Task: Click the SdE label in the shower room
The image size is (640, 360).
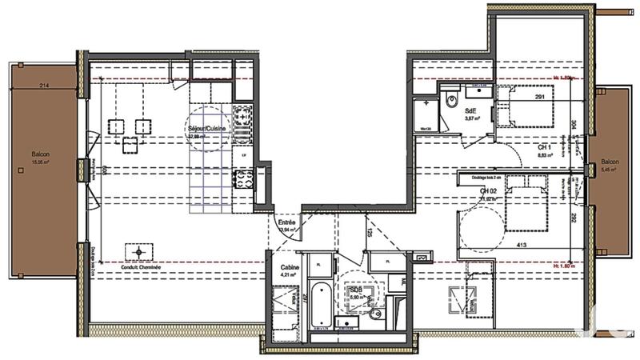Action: pyautogui.click(x=470, y=112)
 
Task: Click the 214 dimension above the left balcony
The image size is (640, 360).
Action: pyautogui.click(x=44, y=86)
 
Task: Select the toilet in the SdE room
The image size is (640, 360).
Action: pyautogui.click(x=451, y=102)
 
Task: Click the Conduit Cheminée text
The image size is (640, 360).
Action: pyautogui.click(x=139, y=267)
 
